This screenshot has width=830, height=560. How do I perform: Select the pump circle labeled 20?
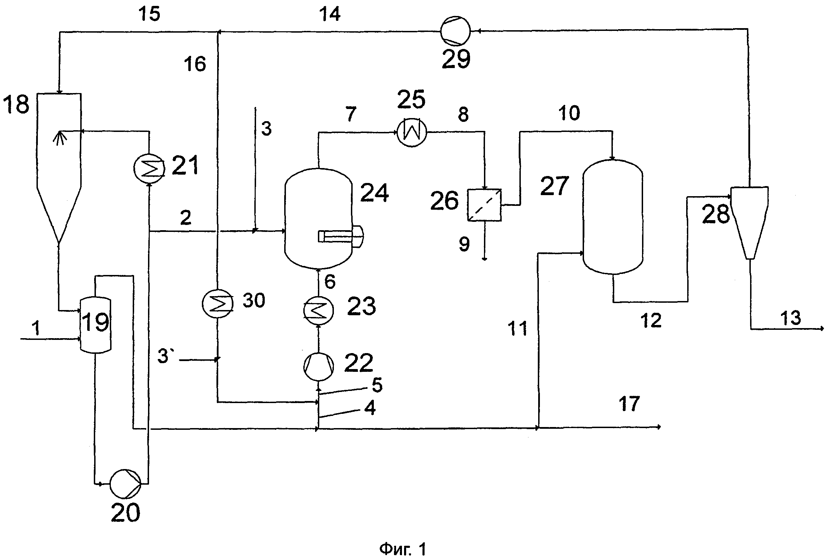[125, 484]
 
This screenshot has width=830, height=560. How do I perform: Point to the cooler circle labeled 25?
[411, 132]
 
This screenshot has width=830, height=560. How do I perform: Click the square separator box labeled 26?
[484, 205]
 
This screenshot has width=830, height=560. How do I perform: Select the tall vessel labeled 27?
[613, 217]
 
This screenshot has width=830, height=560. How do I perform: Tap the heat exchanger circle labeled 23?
[319, 311]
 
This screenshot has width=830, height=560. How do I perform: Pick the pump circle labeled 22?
[319, 367]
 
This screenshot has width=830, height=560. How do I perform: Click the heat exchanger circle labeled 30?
[217, 303]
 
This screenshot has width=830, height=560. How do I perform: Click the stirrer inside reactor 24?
[340, 236]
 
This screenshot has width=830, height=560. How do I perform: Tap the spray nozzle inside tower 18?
[60, 138]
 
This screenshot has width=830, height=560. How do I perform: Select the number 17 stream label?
[629, 404]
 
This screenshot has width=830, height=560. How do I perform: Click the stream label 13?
[790, 318]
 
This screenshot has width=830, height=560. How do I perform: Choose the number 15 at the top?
[149, 14]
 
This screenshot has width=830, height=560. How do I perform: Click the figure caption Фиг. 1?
[403, 549]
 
